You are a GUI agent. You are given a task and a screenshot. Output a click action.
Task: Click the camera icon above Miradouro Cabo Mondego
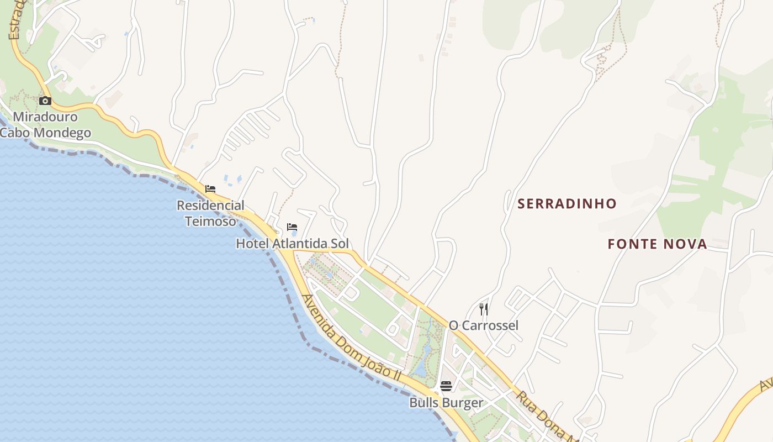[45, 101]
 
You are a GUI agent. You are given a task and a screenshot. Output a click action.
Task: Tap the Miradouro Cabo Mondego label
[45, 125]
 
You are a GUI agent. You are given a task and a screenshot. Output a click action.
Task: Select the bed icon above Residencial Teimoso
[210, 189]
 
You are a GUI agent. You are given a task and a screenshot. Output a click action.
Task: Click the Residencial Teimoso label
[210, 213]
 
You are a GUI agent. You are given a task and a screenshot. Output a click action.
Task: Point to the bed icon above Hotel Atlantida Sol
[292, 227]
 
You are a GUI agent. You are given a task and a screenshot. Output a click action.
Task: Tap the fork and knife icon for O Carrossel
[484, 309]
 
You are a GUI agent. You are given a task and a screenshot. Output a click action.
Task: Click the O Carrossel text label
[484, 325]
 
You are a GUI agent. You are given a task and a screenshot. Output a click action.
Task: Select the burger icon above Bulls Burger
[446, 386]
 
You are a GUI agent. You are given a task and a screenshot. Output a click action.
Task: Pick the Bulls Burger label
[446, 403]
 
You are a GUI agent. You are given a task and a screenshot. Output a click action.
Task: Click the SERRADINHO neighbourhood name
[566, 204]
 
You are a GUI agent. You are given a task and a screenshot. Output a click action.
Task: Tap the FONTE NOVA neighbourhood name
[657, 244]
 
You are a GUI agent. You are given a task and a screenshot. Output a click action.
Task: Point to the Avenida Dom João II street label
[352, 337]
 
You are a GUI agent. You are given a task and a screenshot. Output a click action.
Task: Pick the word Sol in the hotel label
[339, 244]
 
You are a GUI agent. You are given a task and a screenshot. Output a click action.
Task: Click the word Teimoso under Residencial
[210, 222]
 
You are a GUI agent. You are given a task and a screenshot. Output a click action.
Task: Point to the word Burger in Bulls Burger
[462, 403]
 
